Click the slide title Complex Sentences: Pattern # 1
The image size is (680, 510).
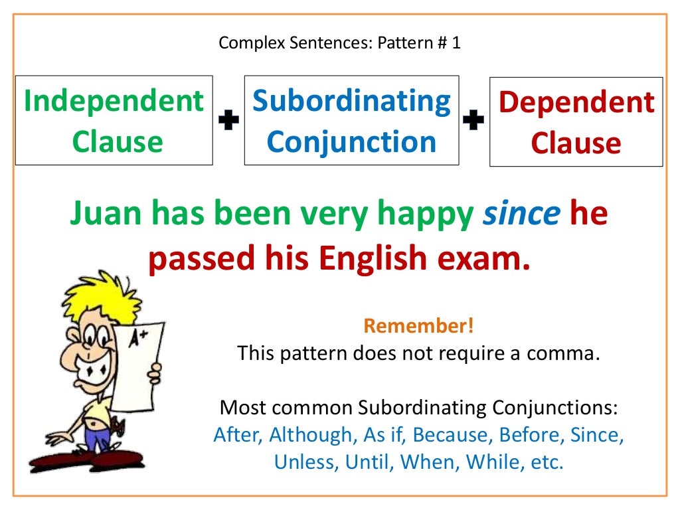tap(339, 44)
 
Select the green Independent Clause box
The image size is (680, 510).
tap(114, 120)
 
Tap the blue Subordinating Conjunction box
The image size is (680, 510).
tap(351, 120)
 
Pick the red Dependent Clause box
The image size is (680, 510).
tap(576, 122)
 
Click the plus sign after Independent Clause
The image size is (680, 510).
tap(228, 121)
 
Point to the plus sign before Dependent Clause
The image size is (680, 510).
tap(473, 121)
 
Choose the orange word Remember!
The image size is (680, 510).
tap(418, 326)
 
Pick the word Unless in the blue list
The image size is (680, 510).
tap(306, 462)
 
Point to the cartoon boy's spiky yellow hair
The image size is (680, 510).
tap(100, 299)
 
